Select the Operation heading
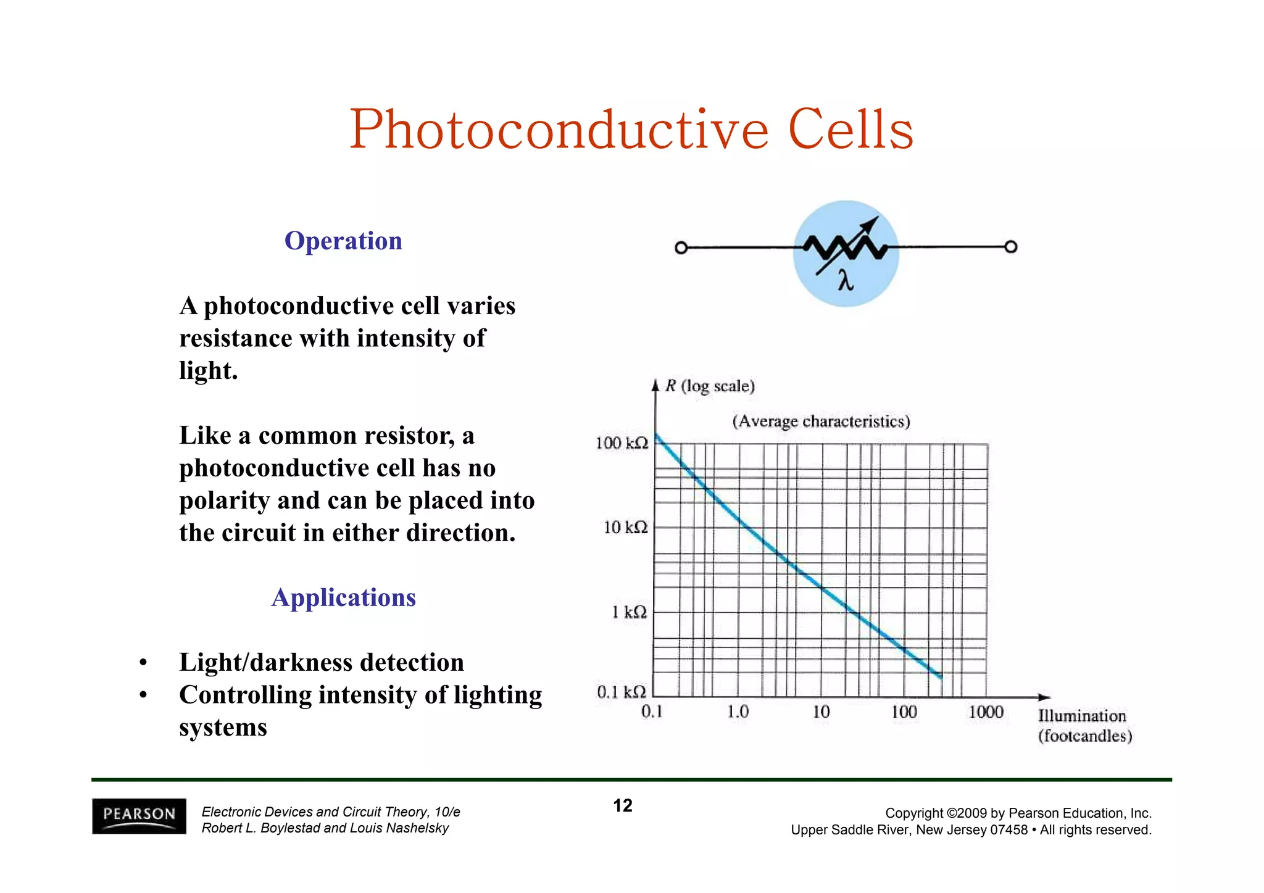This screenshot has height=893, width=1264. tap(343, 241)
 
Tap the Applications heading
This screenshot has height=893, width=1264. tap(343, 597)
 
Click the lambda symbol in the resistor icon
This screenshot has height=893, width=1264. tap(846, 281)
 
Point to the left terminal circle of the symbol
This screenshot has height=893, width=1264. tap(681, 247)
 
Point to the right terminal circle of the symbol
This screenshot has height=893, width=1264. tap(1010, 247)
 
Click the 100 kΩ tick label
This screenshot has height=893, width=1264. tap(622, 443)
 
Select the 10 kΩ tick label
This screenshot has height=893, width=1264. tap(625, 528)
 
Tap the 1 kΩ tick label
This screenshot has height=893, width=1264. tap(629, 612)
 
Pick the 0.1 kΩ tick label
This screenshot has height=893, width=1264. tap(621, 692)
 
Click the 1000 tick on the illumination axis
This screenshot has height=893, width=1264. tap(986, 712)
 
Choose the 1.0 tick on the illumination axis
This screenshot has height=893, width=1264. tap(738, 712)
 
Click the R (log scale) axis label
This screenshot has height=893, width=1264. tap(710, 386)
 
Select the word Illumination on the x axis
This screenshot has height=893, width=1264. tap(1082, 716)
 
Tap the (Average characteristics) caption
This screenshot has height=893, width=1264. tap(821, 422)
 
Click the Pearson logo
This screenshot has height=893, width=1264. tap(139, 816)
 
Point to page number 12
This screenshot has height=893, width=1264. tap(622, 805)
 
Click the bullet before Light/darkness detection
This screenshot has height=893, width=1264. tap(143, 663)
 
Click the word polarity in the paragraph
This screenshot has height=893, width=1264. tap(224, 500)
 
